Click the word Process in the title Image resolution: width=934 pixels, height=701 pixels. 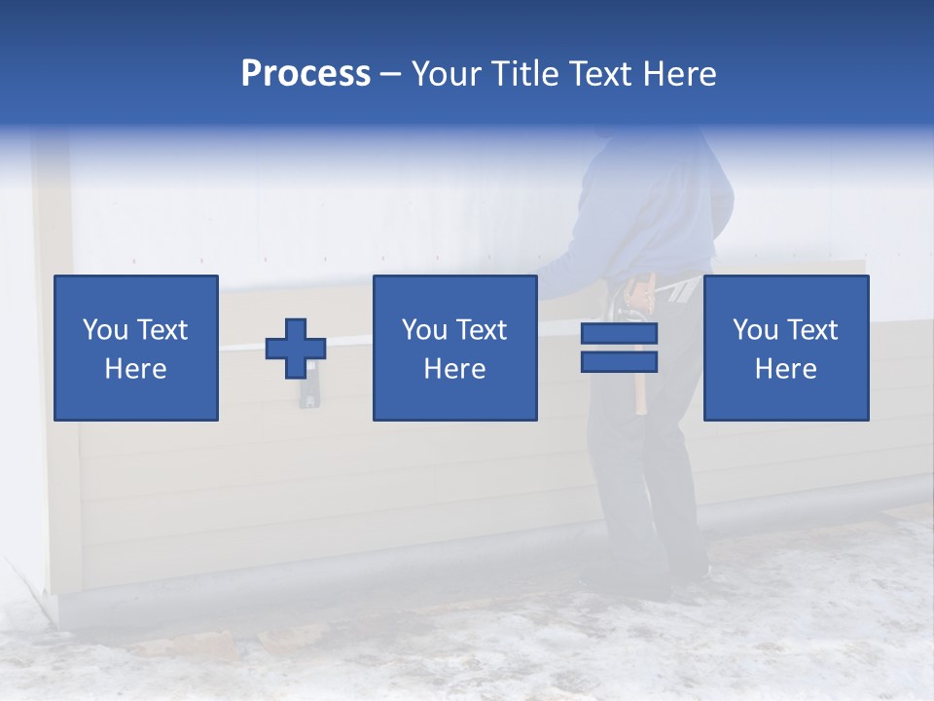click(x=305, y=74)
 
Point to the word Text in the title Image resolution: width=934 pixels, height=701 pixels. click(x=603, y=74)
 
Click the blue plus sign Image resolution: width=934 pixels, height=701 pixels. click(x=296, y=349)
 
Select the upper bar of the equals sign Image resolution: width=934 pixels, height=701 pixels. click(x=619, y=334)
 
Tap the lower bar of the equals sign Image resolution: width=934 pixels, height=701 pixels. click(x=619, y=361)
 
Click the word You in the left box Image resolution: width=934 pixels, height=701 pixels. click(x=106, y=330)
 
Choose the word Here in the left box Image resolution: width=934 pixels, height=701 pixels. click(x=135, y=369)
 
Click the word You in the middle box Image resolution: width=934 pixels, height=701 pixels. click(x=425, y=330)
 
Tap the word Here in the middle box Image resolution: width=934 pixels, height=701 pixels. click(x=454, y=369)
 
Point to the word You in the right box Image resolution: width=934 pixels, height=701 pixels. click(x=756, y=330)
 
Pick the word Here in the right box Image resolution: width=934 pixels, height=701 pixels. click(x=785, y=369)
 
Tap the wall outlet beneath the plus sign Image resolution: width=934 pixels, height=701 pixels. click(x=307, y=393)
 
